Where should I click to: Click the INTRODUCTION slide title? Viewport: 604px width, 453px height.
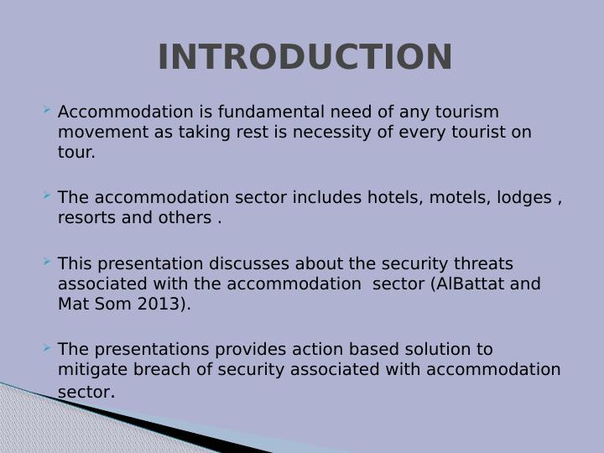coord(305,57)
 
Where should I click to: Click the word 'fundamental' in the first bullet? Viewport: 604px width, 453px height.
coord(276,112)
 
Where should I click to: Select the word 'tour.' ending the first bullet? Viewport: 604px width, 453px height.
coord(76,153)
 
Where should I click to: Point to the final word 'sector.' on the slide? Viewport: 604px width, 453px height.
coord(86,392)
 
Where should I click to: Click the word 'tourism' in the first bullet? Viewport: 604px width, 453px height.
coord(471,112)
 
